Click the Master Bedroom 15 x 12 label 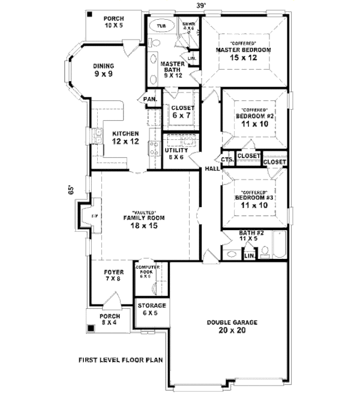tap(244, 53)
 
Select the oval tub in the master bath tap(162, 26)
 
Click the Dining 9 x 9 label tap(103, 70)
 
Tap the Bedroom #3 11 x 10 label tap(254, 201)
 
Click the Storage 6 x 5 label tap(150, 309)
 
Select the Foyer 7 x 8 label tap(113, 274)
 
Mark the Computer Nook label tap(146, 271)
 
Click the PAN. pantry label tap(150, 99)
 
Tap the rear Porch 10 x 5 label tap(113, 22)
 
